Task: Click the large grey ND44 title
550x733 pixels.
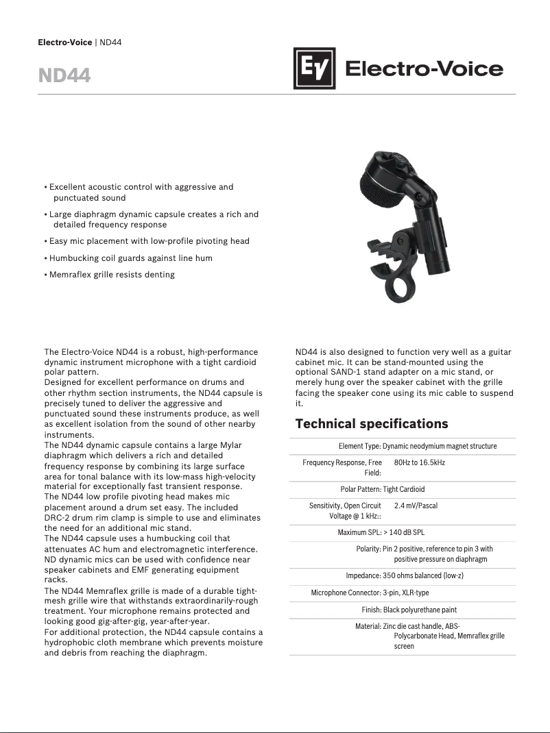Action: [64, 75]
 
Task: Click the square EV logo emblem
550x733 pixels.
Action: [314, 69]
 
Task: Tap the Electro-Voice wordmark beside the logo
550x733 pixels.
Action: [424, 69]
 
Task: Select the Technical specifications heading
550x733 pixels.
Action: [371, 423]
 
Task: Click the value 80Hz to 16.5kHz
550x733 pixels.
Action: [419, 463]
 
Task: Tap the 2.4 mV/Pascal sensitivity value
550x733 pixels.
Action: [416, 506]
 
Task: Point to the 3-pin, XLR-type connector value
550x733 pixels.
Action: [406, 593]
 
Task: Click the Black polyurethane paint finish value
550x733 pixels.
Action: [420, 610]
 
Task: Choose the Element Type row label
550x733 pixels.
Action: [359, 446]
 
